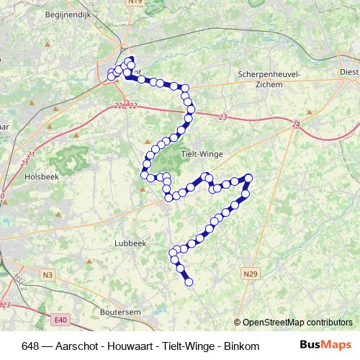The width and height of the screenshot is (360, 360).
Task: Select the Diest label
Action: pyautogui.click(x=349, y=73)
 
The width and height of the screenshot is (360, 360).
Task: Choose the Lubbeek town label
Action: pyautogui.click(x=130, y=243)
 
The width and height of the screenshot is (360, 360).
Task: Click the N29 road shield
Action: pyautogui.click(x=251, y=274)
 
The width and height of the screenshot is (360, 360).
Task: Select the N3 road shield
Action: pyautogui.click(x=48, y=274)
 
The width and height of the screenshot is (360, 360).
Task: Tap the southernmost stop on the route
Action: pyautogui.click(x=189, y=282)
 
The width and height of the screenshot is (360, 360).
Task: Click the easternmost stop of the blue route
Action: pyautogui.click(x=249, y=178)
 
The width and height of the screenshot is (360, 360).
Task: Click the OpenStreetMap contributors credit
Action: pyautogui.click(x=297, y=323)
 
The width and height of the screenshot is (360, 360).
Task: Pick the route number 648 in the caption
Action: pyautogui.click(x=31, y=346)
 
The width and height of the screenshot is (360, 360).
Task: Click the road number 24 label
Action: pyautogui.click(x=296, y=125)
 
